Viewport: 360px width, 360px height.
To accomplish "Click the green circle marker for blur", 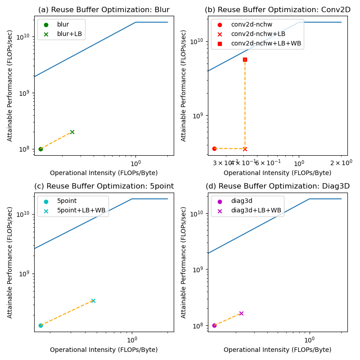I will tap(40, 149).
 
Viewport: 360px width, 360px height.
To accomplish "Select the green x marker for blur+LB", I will tap(72, 132).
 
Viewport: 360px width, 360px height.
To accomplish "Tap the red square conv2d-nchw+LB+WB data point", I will tap(245, 59).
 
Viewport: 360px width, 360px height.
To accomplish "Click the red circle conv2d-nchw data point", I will tap(214, 148).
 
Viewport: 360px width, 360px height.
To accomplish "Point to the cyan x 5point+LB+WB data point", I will tap(93, 301).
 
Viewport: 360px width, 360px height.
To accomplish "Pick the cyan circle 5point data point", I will tap(40, 325).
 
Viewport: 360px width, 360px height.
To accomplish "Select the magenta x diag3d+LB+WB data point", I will tap(241, 313).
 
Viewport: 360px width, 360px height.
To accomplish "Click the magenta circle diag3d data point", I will tap(214, 325).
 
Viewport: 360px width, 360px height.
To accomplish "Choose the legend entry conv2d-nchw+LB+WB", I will tap(266, 43).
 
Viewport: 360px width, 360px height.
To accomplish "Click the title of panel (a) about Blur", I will tap(103, 10).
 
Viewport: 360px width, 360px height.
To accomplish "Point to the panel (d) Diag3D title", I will tap(278, 186).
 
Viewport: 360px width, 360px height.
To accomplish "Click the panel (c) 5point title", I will tap(104, 186).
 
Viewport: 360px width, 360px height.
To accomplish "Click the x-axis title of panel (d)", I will tap(277, 350).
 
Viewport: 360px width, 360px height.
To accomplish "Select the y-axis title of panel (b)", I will tap(184, 86).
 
